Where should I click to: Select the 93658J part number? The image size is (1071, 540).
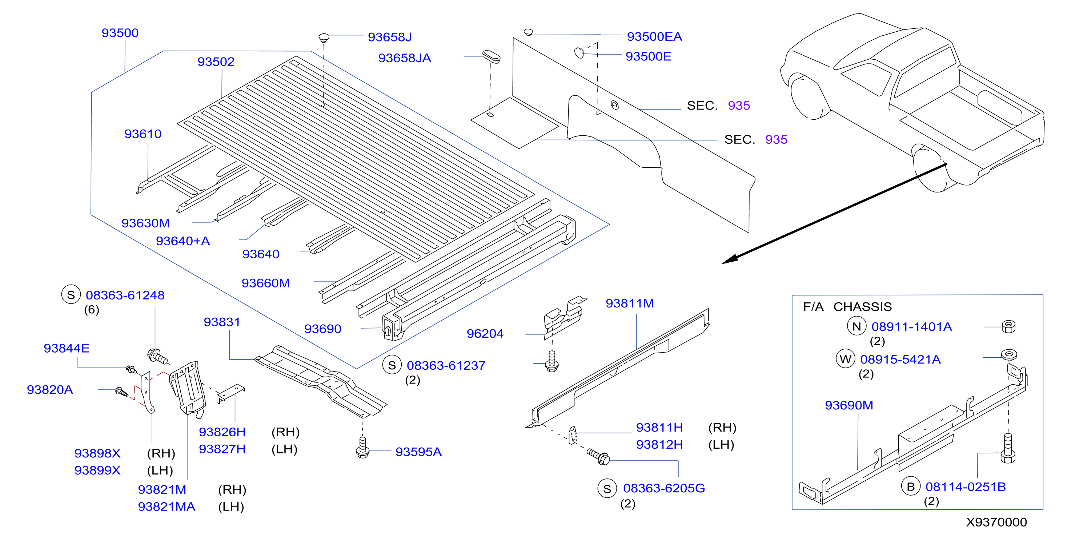[390, 37]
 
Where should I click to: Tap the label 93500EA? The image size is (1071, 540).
[654, 37]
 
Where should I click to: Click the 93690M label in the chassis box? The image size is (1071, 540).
[849, 405]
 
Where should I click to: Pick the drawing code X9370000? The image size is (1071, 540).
[996, 522]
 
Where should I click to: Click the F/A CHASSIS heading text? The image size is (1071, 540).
[847, 307]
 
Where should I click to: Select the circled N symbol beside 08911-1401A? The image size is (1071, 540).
[857, 326]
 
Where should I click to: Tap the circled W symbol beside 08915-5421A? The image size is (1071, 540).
[845, 359]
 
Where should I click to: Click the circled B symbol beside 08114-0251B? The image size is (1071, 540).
[911, 487]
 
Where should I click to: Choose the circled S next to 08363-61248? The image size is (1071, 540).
[71, 295]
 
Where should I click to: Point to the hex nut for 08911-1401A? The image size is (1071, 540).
[1008, 326]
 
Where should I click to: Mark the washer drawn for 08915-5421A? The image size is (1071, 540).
[1008, 354]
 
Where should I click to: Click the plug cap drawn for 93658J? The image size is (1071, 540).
[324, 38]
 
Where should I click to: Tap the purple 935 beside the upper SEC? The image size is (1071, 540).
[739, 106]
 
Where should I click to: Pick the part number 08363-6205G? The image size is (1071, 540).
[664, 488]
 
